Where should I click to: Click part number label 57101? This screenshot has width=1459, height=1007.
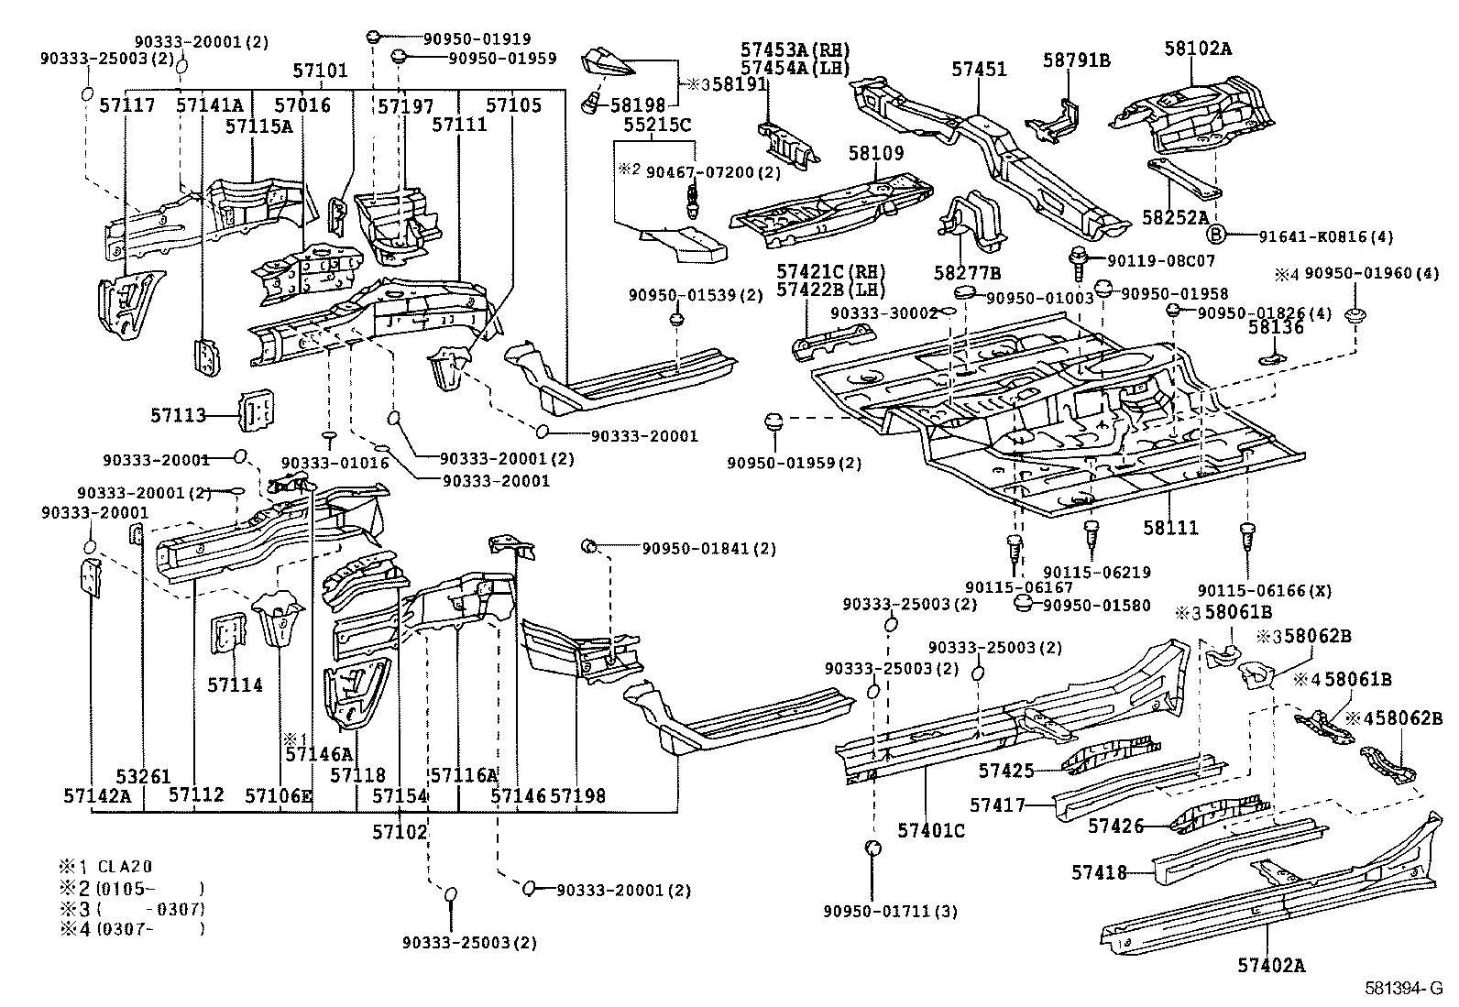[x=321, y=70]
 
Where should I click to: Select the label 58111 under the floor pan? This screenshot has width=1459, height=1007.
[x=1170, y=528]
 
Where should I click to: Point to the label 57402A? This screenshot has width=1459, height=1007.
[x=1270, y=965]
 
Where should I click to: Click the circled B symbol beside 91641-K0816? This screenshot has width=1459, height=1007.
[x=1216, y=235]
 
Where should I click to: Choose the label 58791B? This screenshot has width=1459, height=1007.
[x=1076, y=60]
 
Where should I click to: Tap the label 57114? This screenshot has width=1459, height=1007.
[x=235, y=684]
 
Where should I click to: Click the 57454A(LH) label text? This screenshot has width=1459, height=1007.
[x=795, y=67]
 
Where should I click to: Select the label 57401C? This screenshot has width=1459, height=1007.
[x=930, y=830]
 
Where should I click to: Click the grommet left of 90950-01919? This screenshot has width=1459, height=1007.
[x=373, y=37]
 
